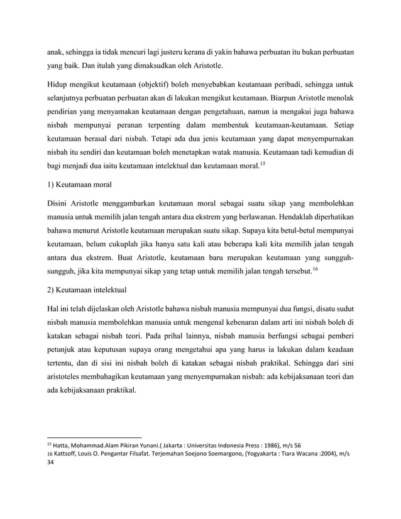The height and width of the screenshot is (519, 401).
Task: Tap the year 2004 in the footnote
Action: pos(325,454)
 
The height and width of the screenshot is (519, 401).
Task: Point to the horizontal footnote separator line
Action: pos(95,437)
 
